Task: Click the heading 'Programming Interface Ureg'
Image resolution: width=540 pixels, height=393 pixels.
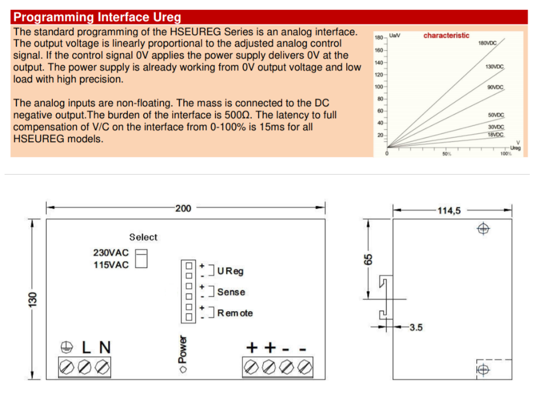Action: click(x=97, y=17)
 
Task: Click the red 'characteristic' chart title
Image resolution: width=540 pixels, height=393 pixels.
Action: click(x=446, y=35)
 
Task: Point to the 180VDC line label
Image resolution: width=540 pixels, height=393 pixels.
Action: click(x=488, y=43)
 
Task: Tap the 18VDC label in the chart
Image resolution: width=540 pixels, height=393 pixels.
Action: click(x=496, y=135)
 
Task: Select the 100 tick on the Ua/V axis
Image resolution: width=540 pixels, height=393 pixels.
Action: click(x=379, y=86)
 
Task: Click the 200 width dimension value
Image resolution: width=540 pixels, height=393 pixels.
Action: click(x=183, y=209)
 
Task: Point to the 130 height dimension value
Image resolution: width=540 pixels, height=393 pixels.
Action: click(x=32, y=299)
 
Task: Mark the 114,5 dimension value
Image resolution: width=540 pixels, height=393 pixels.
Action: click(x=449, y=210)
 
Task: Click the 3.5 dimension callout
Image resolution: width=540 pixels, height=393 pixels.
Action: click(x=417, y=328)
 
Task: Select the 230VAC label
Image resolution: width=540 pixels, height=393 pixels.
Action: click(x=111, y=253)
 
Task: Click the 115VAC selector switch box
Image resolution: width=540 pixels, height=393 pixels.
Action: click(x=142, y=262)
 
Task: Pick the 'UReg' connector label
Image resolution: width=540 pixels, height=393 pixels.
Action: click(x=230, y=271)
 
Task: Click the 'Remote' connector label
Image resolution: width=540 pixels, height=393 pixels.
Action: click(x=235, y=313)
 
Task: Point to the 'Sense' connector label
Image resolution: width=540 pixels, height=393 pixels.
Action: click(x=231, y=292)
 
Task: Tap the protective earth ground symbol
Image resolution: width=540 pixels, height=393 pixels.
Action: click(x=66, y=346)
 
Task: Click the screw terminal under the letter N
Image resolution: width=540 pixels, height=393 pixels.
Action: click(x=103, y=366)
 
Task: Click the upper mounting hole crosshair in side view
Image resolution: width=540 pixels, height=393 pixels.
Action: click(x=483, y=229)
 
